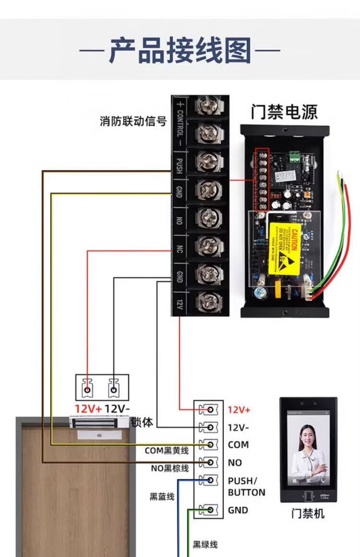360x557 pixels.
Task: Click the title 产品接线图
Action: (x=180, y=50)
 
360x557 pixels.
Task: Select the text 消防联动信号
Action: (x=133, y=121)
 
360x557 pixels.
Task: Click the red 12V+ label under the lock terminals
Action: (x=88, y=409)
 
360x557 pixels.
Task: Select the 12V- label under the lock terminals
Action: (x=117, y=409)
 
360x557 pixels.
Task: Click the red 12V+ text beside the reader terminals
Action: (x=239, y=410)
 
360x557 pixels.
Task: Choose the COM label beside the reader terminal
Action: (x=238, y=445)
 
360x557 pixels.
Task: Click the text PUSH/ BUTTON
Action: (x=246, y=486)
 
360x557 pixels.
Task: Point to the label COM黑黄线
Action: (x=167, y=450)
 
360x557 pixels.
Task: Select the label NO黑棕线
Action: (x=169, y=468)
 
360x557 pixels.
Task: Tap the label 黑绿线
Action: (x=205, y=545)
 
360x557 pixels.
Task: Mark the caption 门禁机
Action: (x=308, y=514)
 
